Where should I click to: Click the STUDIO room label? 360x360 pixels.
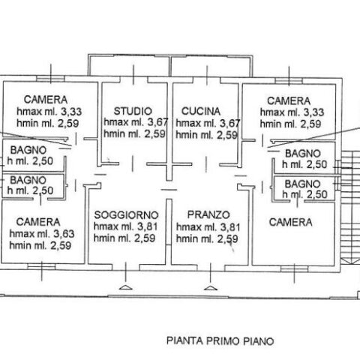(x=133, y=111)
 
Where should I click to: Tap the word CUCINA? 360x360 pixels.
(x=201, y=111)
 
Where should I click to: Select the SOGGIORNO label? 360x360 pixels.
(x=126, y=215)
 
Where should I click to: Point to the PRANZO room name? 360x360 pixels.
(x=208, y=214)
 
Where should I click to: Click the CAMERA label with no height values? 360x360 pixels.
(x=290, y=222)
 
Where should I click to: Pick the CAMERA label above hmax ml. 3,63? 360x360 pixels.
(x=38, y=222)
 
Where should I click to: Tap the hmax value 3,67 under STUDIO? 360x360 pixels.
(x=157, y=122)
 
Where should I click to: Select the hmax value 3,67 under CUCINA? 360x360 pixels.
(x=229, y=123)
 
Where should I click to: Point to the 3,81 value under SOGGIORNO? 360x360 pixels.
(x=148, y=226)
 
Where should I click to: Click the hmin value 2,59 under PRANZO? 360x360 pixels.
(x=227, y=239)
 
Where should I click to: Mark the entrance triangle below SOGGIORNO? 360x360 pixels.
(x=125, y=287)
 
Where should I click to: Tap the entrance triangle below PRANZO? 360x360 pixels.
(x=211, y=288)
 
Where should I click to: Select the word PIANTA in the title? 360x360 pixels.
(x=184, y=340)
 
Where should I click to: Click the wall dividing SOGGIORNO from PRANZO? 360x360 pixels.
(x=169, y=232)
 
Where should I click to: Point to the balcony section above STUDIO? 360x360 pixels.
(x=129, y=65)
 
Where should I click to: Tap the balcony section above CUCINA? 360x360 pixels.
(x=211, y=66)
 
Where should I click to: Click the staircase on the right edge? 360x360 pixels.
(x=351, y=207)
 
